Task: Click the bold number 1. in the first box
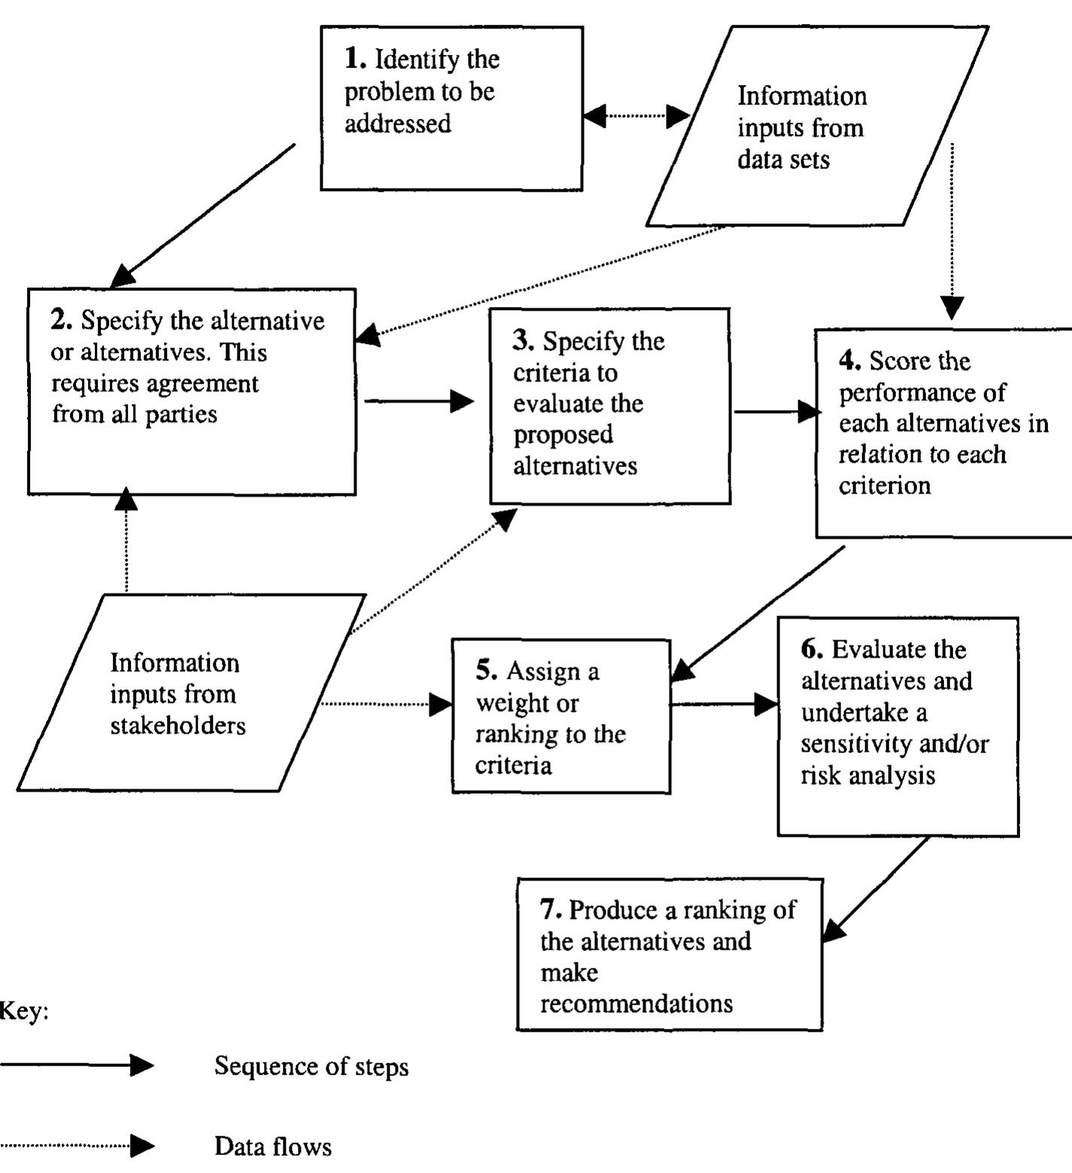[x=355, y=58]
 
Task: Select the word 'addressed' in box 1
[x=397, y=123]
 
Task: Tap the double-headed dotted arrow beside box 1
[x=636, y=116]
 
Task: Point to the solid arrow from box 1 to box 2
[x=203, y=214]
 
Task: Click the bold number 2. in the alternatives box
[x=62, y=321]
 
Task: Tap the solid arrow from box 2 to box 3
[x=418, y=401]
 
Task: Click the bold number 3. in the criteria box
[x=524, y=341]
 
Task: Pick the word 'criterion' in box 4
[x=885, y=486]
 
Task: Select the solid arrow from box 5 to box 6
[x=722, y=705]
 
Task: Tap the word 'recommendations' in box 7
[x=636, y=1004]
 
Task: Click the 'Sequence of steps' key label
[x=311, y=1066]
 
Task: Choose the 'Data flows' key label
[x=272, y=1147]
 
